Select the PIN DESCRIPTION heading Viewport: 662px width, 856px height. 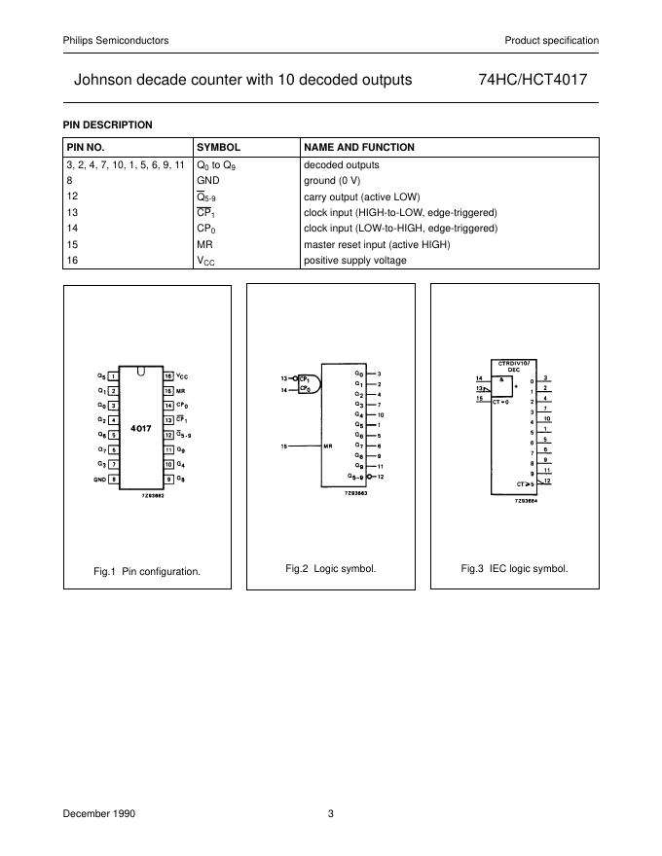(107, 125)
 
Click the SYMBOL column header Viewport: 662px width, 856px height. (218, 147)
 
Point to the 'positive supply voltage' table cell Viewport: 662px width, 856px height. (355, 261)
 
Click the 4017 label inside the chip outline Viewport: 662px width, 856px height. (140, 428)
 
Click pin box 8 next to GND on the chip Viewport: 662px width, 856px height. (114, 480)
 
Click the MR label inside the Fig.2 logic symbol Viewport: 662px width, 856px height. (329, 446)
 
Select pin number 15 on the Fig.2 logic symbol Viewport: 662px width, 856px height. (284, 446)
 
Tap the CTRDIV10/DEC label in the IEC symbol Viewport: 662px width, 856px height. (512, 367)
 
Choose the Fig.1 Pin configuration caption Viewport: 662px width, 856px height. (147, 571)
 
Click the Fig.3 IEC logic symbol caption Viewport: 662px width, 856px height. (514, 568)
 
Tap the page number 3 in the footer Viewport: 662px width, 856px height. (330, 814)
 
